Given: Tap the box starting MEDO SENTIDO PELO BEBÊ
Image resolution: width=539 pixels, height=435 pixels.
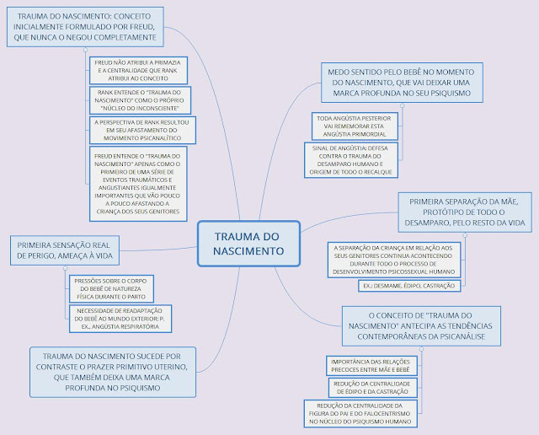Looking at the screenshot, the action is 401,83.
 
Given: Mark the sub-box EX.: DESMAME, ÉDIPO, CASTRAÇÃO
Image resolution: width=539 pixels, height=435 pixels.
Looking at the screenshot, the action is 407,286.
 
